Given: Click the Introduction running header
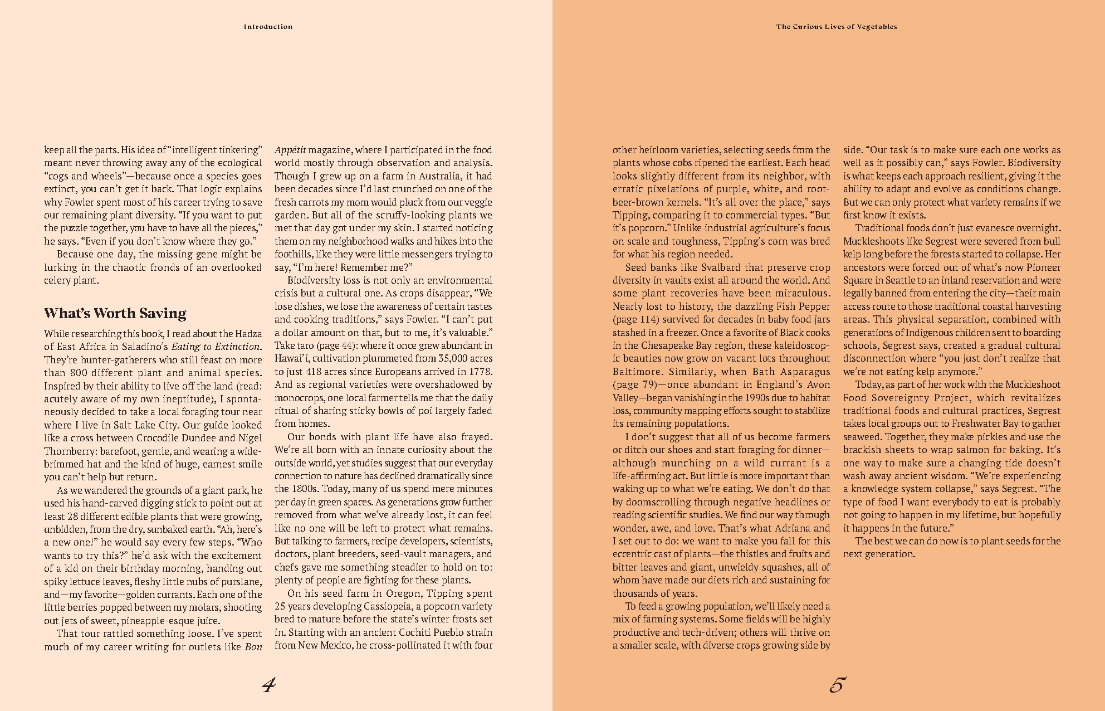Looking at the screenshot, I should coord(268,27).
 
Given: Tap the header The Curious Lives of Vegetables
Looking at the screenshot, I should coord(837,27).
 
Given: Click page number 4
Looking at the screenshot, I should coord(269,685).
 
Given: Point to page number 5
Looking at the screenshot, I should coord(837,685).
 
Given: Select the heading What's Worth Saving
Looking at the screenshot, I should coord(115,313).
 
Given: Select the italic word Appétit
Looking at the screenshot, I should coord(290,150).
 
